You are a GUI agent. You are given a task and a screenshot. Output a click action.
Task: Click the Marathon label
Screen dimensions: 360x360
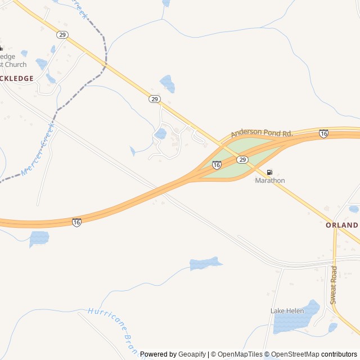tap(270, 181)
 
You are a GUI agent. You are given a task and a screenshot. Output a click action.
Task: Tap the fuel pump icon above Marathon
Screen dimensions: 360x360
tap(270, 172)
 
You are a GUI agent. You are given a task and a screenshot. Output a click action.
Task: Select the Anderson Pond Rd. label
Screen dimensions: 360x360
tap(262, 133)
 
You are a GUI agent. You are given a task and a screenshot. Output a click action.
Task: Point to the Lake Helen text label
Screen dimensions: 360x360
tap(287, 311)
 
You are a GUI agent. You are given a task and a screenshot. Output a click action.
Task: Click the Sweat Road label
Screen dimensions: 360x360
tap(334, 285)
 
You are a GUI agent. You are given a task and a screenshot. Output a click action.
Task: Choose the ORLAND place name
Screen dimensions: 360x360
tap(341, 225)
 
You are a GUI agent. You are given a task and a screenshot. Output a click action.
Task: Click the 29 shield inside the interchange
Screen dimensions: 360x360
tap(242, 160)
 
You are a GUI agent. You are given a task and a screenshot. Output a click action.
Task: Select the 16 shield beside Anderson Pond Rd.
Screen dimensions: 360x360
tap(323, 133)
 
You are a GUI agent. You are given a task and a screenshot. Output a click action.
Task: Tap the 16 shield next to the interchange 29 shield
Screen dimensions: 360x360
tap(217, 165)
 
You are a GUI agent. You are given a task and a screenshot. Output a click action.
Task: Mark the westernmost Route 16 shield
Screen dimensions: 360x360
tap(76, 222)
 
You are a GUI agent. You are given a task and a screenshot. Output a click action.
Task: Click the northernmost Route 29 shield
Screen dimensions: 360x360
tap(62, 35)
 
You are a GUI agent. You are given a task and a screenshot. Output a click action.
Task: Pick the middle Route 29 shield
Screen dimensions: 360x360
tap(155, 99)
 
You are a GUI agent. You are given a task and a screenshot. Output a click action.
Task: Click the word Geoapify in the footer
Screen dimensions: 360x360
tap(192, 354)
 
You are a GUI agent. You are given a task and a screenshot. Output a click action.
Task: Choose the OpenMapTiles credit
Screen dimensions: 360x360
tap(240, 354)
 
